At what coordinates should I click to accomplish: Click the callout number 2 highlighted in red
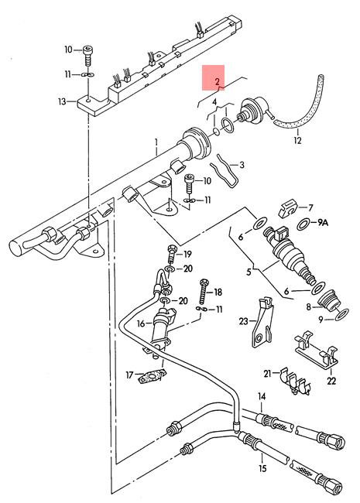click(218, 81)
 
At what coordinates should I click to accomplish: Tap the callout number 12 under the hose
click(297, 140)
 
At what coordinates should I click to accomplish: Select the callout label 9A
click(323, 222)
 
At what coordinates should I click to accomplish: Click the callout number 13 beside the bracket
click(62, 101)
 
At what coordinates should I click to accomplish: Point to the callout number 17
click(129, 375)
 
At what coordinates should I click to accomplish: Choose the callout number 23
click(244, 321)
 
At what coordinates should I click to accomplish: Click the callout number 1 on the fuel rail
click(156, 142)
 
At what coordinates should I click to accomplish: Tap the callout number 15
click(262, 469)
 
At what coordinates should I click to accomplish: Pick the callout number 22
click(331, 381)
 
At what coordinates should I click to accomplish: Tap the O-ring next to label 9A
click(303, 224)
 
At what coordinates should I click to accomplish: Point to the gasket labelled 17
click(153, 376)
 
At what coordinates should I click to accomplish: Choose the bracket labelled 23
click(262, 323)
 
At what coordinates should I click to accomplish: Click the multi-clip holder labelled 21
click(293, 382)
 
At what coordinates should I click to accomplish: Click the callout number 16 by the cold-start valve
click(141, 323)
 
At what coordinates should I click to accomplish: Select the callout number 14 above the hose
click(262, 397)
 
